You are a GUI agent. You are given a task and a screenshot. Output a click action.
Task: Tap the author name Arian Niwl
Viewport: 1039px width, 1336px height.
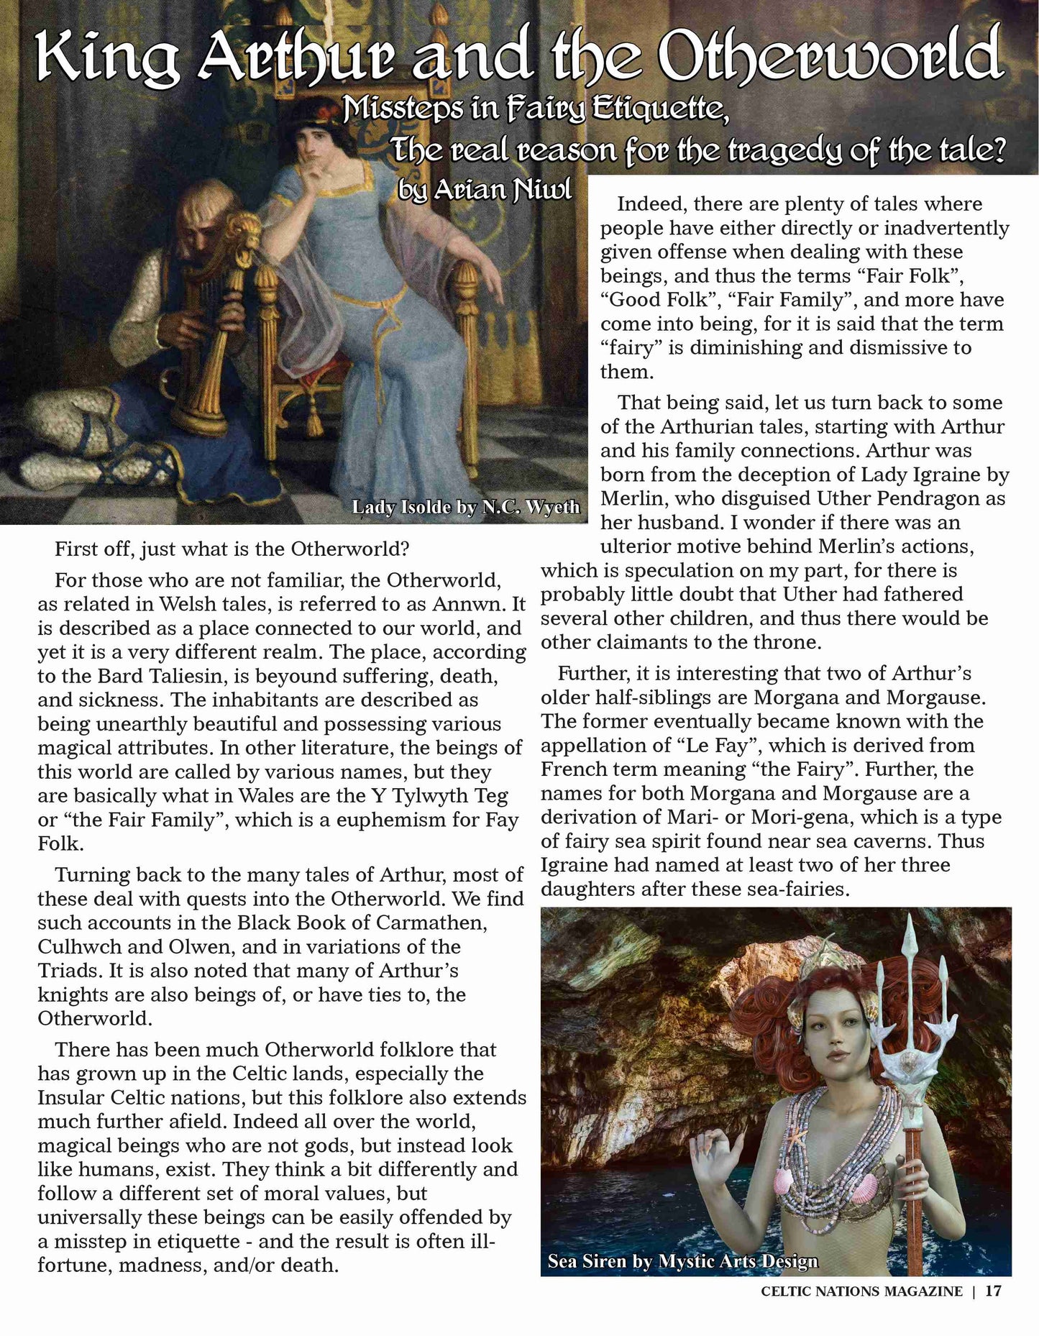pyautogui.click(x=485, y=188)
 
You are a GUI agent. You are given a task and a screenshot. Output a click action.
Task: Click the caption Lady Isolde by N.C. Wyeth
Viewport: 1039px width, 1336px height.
pyautogui.click(x=465, y=507)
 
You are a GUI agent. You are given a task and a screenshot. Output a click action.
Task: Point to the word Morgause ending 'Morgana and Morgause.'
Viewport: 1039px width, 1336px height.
pyautogui.click(x=936, y=697)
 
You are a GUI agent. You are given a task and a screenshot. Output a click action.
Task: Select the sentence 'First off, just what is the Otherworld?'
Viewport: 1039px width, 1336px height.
pyautogui.click(x=232, y=549)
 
